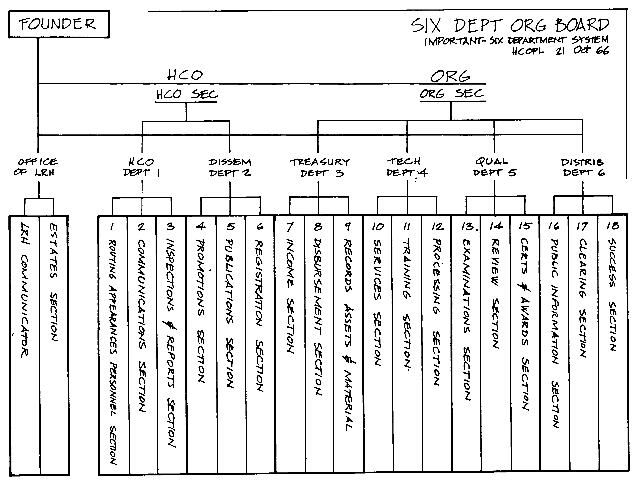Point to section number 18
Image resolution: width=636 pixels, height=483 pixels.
click(612, 226)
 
